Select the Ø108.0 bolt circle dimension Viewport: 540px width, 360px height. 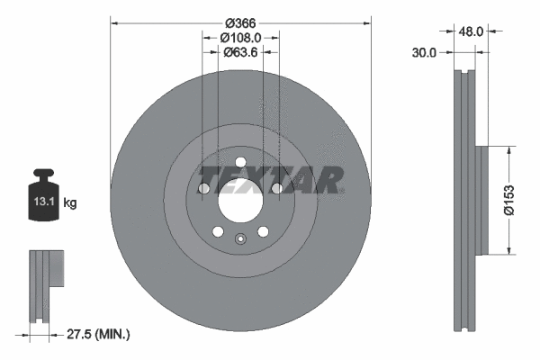click(240, 38)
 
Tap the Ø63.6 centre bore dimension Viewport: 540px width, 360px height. click(240, 52)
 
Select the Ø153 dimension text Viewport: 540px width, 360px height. click(509, 200)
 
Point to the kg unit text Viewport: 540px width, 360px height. click(70, 203)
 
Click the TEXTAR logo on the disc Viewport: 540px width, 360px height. click(270, 180)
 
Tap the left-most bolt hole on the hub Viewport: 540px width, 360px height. click(203, 189)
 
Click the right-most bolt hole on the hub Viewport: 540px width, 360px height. click(277, 188)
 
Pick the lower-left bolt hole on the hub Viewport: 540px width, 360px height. click(217, 231)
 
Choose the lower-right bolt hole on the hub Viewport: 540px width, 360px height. click(263, 231)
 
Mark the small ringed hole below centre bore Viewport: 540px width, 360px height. click(240, 239)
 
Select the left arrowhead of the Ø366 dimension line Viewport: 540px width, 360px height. click(114, 22)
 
